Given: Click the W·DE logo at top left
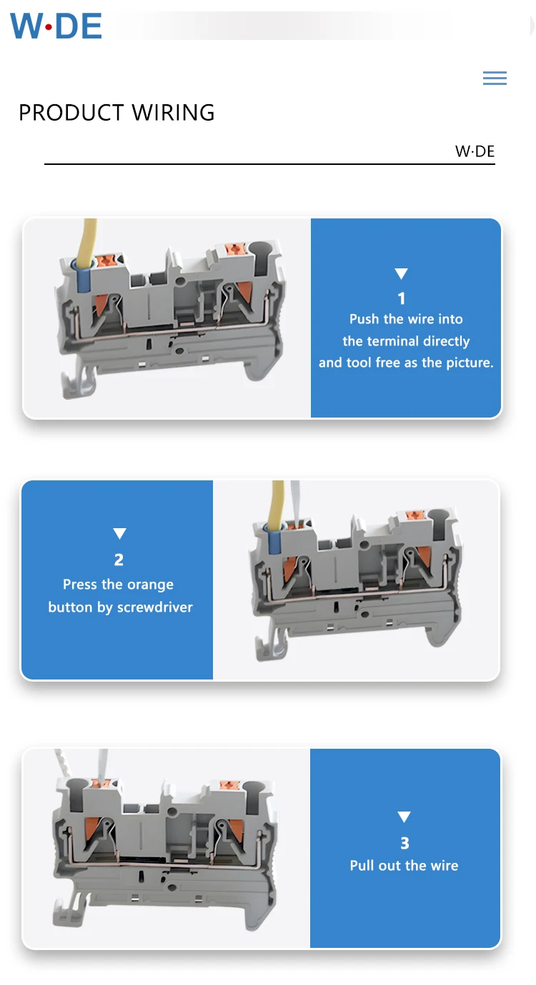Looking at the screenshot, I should point(56,26).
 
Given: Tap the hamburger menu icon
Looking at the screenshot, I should point(495,79).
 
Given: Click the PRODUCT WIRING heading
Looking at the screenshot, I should point(116,113).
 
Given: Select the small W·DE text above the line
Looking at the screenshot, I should point(475,151).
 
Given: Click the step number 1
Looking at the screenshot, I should point(402,298).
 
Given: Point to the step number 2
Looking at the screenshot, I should point(119,560).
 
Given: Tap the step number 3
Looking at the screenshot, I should point(405,843).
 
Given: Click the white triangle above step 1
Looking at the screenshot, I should point(402,274).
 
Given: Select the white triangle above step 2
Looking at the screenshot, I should point(119,534).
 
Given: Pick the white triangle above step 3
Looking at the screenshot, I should point(405,817).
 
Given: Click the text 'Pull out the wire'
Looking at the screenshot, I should point(404,866).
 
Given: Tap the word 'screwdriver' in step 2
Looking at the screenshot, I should point(155,607).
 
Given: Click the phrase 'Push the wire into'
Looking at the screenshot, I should point(406,319).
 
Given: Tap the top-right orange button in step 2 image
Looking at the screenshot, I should point(412,515).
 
